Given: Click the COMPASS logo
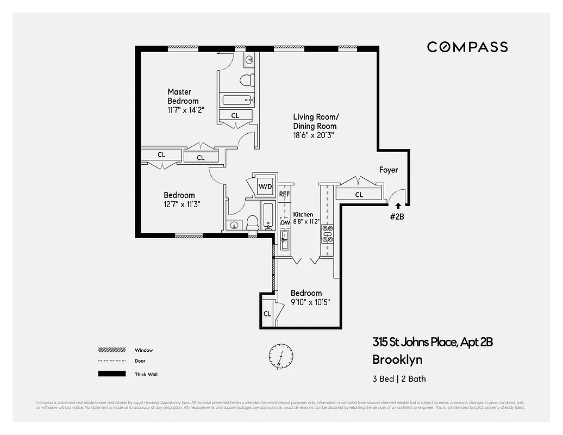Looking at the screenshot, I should pos(467,47).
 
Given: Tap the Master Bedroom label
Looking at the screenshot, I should pos(183,96).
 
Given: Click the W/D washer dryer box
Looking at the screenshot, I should pos(265,187).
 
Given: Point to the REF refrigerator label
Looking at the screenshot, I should pos(285,194).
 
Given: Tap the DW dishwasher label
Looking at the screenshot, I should pos(285,222).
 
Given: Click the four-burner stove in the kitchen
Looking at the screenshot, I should pos(328,233).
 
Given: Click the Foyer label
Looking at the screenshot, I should pos(389,170).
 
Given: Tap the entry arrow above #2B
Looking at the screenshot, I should pos(398,206).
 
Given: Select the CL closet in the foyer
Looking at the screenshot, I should pos(359,194).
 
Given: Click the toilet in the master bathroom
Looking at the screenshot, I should pos(247,80).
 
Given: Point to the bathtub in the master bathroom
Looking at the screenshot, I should pos(236,100).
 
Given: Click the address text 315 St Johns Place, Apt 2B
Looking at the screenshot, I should pos(433,342).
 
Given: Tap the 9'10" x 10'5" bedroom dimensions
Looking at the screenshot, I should pos(310,302).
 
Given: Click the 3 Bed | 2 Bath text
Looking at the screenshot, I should pos(399,379).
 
